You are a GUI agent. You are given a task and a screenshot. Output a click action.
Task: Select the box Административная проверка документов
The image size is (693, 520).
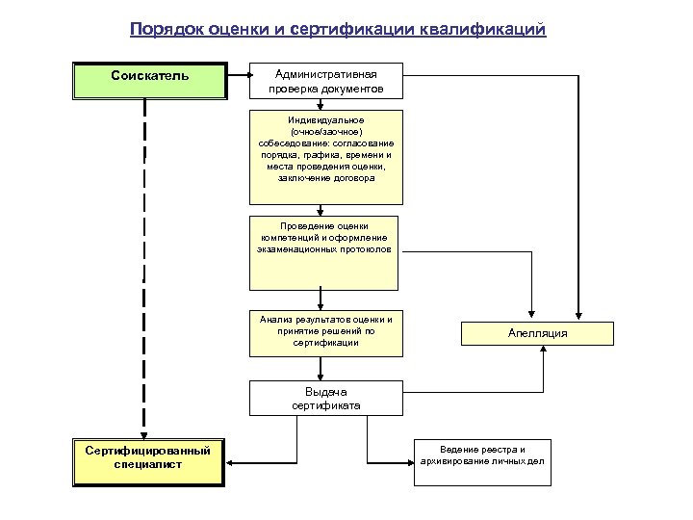tap(325, 81)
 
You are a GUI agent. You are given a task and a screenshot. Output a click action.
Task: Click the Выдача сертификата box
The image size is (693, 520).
tap(325, 399)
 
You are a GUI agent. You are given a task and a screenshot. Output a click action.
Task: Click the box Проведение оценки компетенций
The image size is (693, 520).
tap(325, 254)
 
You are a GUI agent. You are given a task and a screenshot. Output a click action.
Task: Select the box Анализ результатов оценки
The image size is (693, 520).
tap(325, 330)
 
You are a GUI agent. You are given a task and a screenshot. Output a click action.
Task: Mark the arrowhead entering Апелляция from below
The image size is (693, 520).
tap(544, 351)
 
